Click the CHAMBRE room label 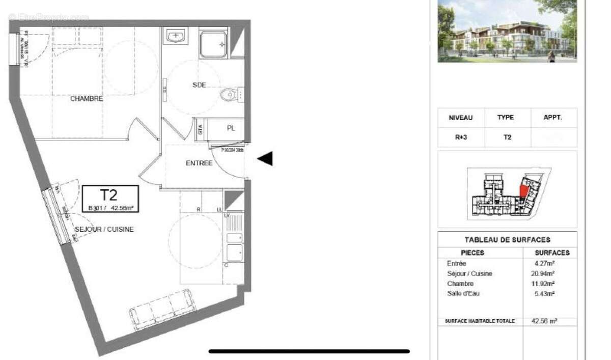(87, 99)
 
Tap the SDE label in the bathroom (199, 85)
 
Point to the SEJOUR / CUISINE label (104, 229)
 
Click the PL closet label (231, 128)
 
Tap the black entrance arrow (265, 159)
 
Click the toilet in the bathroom (229, 94)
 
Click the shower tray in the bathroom (213, 43)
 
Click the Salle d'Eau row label (463, 293)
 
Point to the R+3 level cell (460, 137)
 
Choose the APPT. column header (553, 118)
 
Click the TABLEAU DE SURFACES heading (507, 240)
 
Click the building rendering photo (507, 32)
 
